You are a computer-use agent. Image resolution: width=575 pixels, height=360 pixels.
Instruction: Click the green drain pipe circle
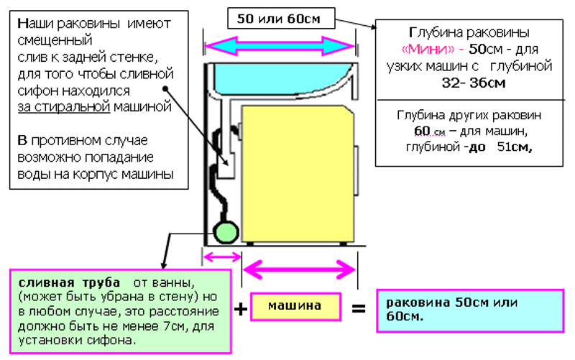227,233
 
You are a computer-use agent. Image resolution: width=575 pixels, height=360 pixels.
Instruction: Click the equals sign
358,310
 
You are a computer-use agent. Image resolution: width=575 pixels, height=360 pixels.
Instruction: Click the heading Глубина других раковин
469,116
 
